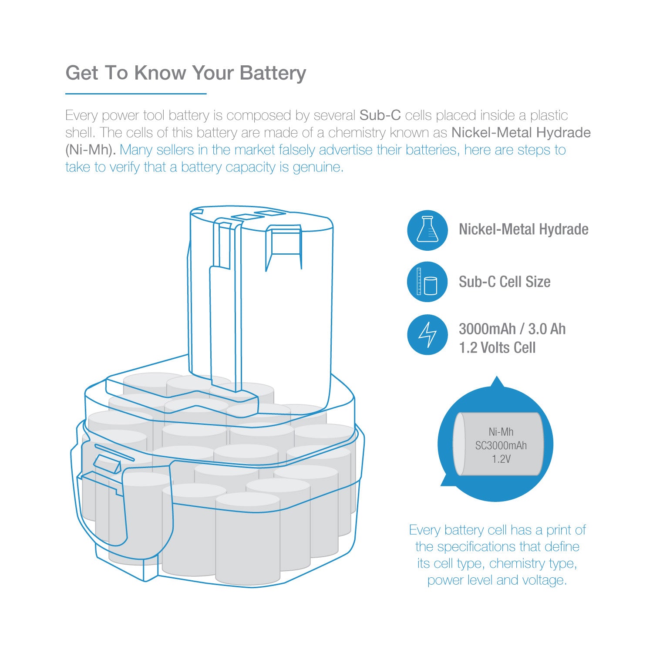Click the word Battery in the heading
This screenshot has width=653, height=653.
[x=273, y=73]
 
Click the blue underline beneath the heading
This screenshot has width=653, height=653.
[x=136, y=93]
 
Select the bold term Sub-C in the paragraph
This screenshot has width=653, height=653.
[x=380, y=115]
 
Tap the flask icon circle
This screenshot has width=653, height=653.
[x=427, y=230]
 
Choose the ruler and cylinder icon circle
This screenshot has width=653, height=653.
[x=427, y=282]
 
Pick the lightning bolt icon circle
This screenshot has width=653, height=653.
[x=427, y=334]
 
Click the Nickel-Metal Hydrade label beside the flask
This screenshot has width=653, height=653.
[x=524, y=229]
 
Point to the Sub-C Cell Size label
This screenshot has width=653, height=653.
[x=505, y=282]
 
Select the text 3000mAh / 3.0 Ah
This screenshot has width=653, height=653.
[x=512, y=329]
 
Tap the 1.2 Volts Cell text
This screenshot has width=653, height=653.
[x=497, y=348]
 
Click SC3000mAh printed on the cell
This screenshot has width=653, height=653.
[x=501, y=445]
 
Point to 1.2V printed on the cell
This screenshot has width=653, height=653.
[x=501, y=459]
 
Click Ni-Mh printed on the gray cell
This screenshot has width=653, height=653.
[x=501, y=432]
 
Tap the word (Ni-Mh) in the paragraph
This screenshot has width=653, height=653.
[x=91, y=150]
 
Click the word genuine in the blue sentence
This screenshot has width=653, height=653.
[x=318, y=168]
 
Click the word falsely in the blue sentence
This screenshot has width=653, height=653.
[x=297, y=150]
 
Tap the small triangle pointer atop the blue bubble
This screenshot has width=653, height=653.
[x=497, y=382]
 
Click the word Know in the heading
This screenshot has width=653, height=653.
[x=160, y=73]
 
